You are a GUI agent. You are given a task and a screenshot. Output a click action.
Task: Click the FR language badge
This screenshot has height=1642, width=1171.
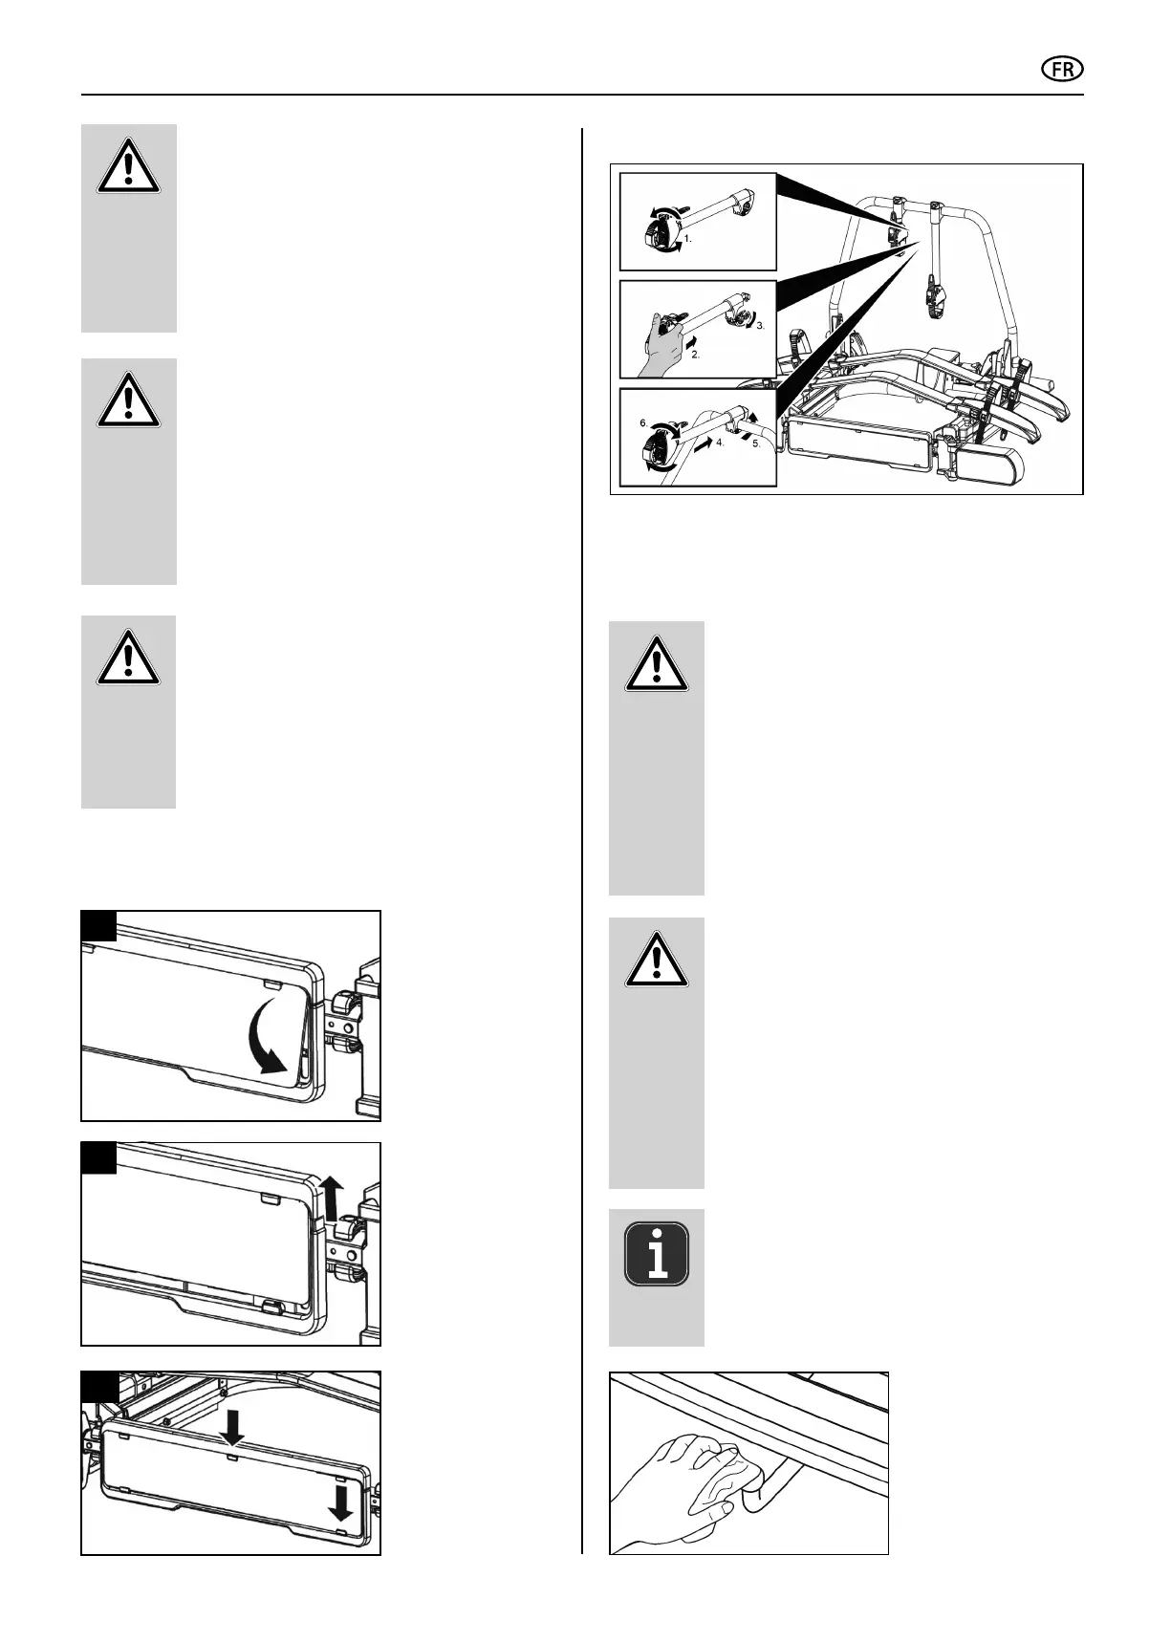[x=1062, y=70]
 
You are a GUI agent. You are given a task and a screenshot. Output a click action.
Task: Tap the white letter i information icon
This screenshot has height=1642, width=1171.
[x=656, y=1253]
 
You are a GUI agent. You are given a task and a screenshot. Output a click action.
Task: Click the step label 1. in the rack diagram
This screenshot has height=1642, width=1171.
[x=687, y=239]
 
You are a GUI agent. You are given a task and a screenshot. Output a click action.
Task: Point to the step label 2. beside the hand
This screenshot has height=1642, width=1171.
[x=695, y=355]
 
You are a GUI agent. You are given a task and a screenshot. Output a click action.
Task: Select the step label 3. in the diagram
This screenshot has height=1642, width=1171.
[x=761, y=326]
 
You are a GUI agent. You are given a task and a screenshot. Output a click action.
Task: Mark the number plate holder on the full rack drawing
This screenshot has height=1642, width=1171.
[x=857, y=444]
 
